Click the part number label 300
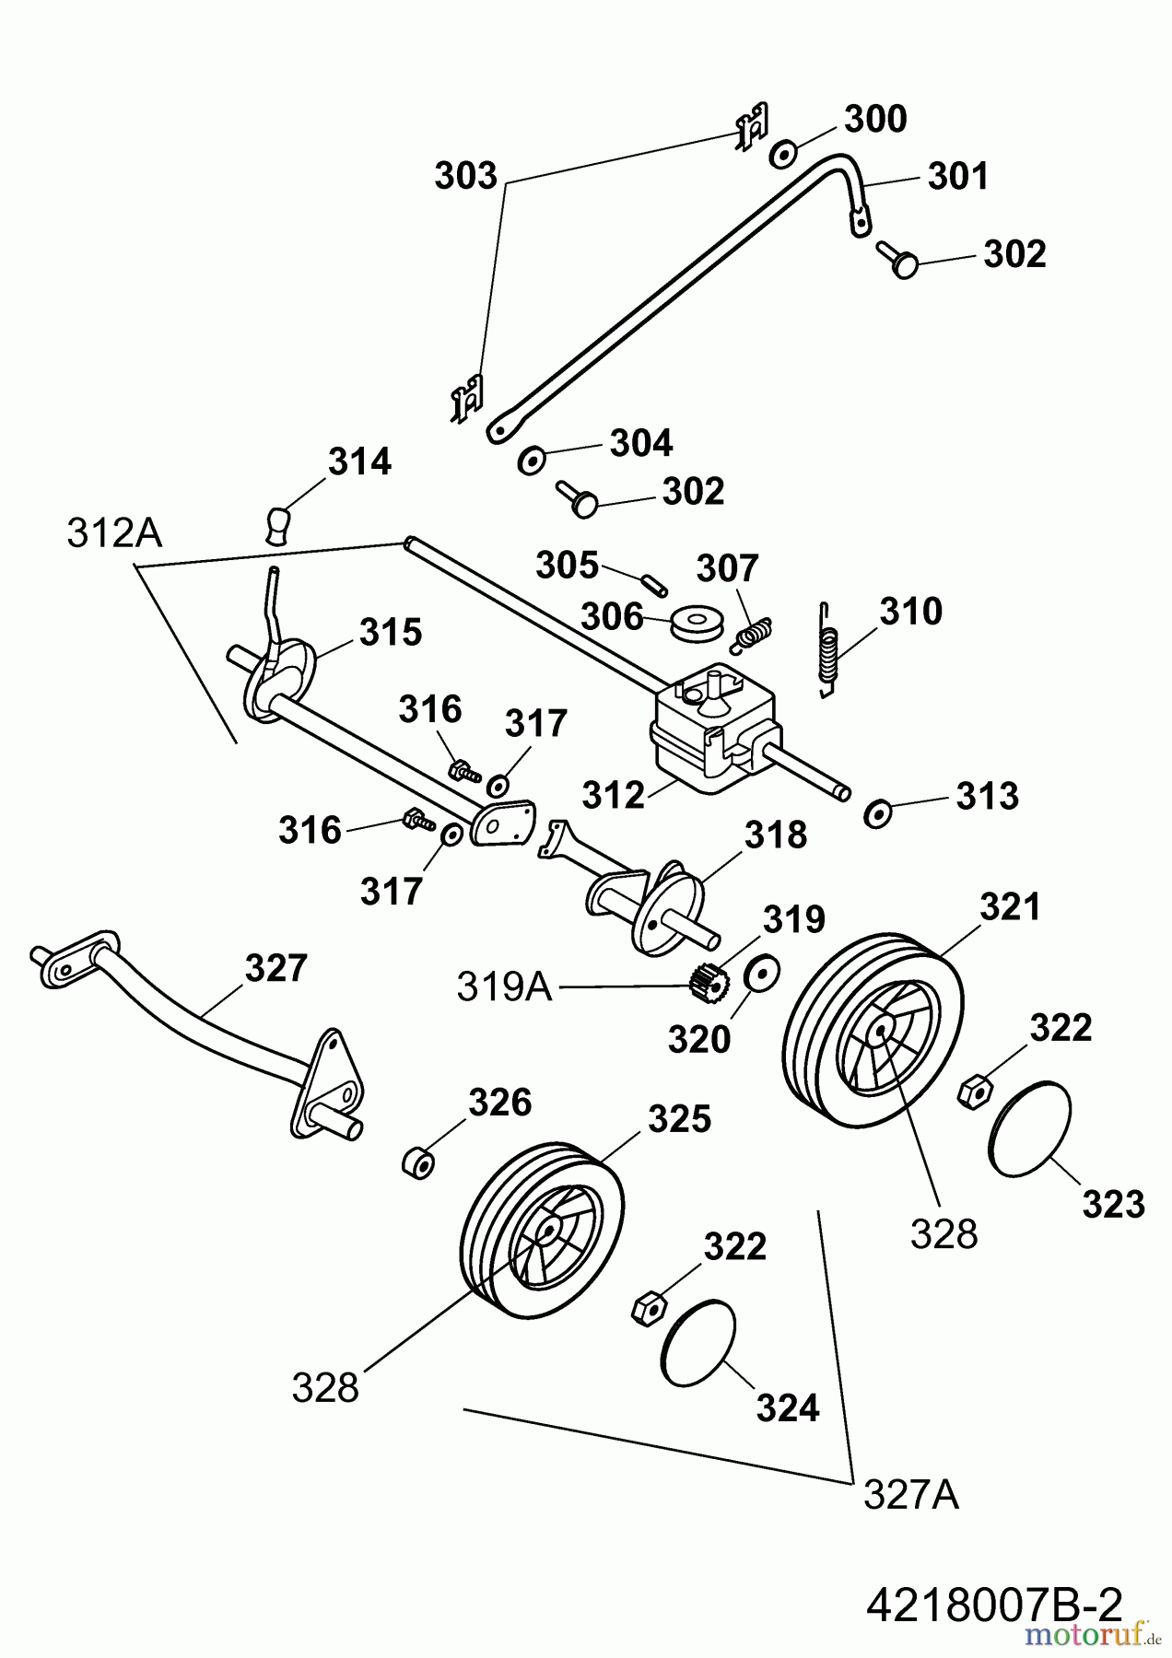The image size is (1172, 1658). [875, 120]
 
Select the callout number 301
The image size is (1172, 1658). [957, 176]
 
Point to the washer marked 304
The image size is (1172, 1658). [532, 459]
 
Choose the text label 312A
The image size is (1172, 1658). [114, 533]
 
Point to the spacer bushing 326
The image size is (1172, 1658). [419, 1162]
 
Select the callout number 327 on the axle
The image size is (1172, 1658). [275, 968]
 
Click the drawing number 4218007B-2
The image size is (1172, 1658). [994, 1606]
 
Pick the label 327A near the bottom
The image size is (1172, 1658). [911, 1496]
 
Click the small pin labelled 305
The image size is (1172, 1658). [654, 583]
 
